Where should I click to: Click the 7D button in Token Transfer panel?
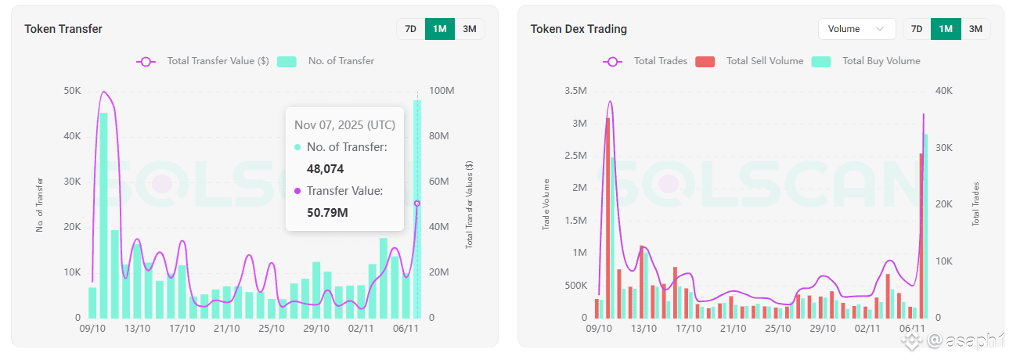(410, 29)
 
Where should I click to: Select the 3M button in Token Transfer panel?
(470, 29)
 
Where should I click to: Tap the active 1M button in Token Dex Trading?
(946, 29)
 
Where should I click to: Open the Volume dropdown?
(856, 29)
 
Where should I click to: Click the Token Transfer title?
(63, 29)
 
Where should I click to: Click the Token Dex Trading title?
(579, 29)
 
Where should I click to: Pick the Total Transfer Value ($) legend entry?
(203, 61)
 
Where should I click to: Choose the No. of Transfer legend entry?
(326, 61)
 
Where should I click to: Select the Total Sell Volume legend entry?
(749, 61)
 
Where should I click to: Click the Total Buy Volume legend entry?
(866, 61)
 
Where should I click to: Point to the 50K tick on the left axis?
(72, 91)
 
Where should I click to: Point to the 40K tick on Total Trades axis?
(944, 91)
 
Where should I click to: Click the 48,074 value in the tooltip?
(325, 168)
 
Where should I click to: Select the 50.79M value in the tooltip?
(327, 212)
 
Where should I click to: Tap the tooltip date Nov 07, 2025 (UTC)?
(344, 125)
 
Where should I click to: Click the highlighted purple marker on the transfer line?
(416, 203)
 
